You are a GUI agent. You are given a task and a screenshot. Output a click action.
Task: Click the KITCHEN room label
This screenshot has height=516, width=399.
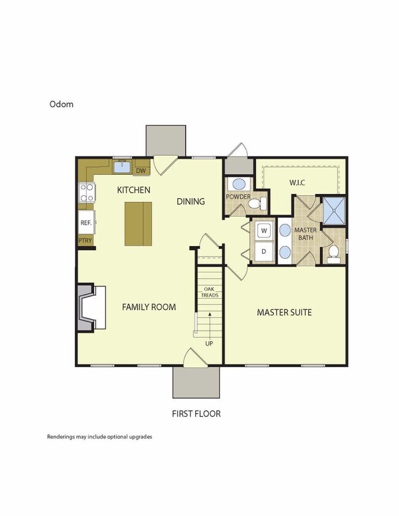click(134, 190)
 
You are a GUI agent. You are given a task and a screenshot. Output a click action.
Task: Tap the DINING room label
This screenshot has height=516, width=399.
click(191, 201)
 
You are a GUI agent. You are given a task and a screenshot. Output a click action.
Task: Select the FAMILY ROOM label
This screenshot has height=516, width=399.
click(149, 307)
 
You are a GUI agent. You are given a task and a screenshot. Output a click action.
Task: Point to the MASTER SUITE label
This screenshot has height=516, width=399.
click(284, 312)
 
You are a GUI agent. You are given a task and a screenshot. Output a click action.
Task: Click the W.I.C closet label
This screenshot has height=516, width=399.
click(297, 183)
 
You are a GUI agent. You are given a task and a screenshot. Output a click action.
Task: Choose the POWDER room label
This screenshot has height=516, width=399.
click(238, 197)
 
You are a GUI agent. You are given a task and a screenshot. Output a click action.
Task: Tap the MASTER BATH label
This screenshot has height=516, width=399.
click(305, 234)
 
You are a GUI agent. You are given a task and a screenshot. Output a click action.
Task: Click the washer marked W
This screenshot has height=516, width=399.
click(264, 231)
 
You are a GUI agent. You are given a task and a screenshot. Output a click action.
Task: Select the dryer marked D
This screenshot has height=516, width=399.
click(264, 251)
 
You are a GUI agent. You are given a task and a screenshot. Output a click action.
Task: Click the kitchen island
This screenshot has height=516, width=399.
click(138, 223)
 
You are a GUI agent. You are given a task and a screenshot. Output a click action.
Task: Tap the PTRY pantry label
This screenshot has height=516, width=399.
click(85, 241)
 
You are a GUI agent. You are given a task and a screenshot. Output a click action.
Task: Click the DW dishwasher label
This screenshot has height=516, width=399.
click(141, 171)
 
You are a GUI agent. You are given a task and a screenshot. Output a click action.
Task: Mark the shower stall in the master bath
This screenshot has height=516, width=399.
click(335, 210)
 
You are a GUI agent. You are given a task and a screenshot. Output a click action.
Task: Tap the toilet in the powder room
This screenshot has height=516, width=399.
click(263, 203)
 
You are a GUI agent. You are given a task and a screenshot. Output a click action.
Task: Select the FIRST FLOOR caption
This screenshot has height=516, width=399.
click(196, 414)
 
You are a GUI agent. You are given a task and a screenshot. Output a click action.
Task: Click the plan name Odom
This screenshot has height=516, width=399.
click(61, 104)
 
